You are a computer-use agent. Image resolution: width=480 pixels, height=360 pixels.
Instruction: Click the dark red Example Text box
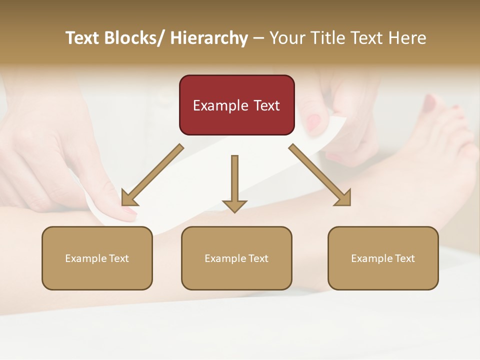236,105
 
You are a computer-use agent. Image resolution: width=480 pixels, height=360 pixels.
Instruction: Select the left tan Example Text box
97,258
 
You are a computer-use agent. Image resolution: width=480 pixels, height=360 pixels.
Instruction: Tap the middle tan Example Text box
236,258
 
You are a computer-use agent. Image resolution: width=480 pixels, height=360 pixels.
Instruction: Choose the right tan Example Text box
383,258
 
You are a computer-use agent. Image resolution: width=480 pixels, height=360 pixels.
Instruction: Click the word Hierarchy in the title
209,38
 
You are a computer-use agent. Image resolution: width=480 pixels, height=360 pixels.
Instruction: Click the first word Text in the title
83,38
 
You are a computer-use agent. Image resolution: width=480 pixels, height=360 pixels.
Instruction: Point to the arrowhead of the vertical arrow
234,205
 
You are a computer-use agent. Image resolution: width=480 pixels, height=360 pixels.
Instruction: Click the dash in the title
258,38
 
